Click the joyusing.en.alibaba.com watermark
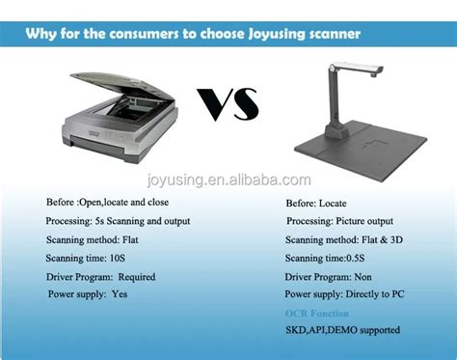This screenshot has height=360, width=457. [228, 180]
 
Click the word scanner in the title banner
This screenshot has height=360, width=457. [328, 35]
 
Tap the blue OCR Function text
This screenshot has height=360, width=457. [317, 314]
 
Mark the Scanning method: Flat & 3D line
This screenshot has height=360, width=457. [344, 239]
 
